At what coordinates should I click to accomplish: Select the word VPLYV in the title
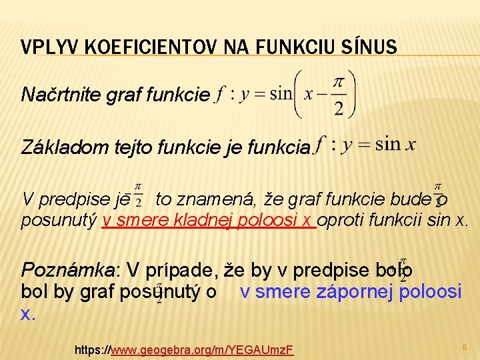(x=43, y=47)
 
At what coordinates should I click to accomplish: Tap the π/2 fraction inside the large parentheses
(x=339, y=95)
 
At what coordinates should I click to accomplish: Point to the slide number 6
(x=465, y=347)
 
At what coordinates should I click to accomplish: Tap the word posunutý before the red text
(x=59, y=221)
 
